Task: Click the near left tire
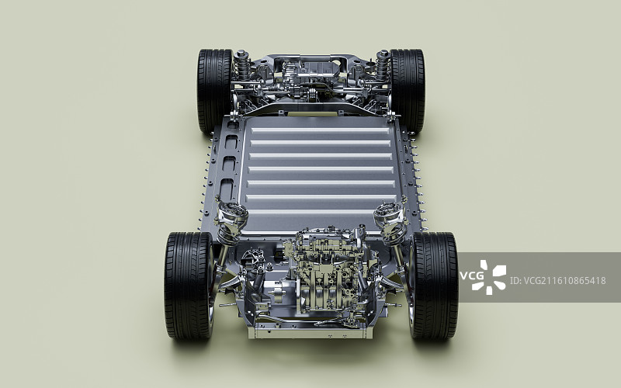(189, 285)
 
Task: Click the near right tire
(434, 285)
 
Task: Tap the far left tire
(214, 90)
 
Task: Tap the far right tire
(408, 90)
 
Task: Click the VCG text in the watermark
(471, 276)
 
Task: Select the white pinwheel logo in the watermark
(493, 277)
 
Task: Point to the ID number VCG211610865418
(557, 281)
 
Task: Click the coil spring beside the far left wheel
(241, 65)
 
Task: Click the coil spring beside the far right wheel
(383, 65)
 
